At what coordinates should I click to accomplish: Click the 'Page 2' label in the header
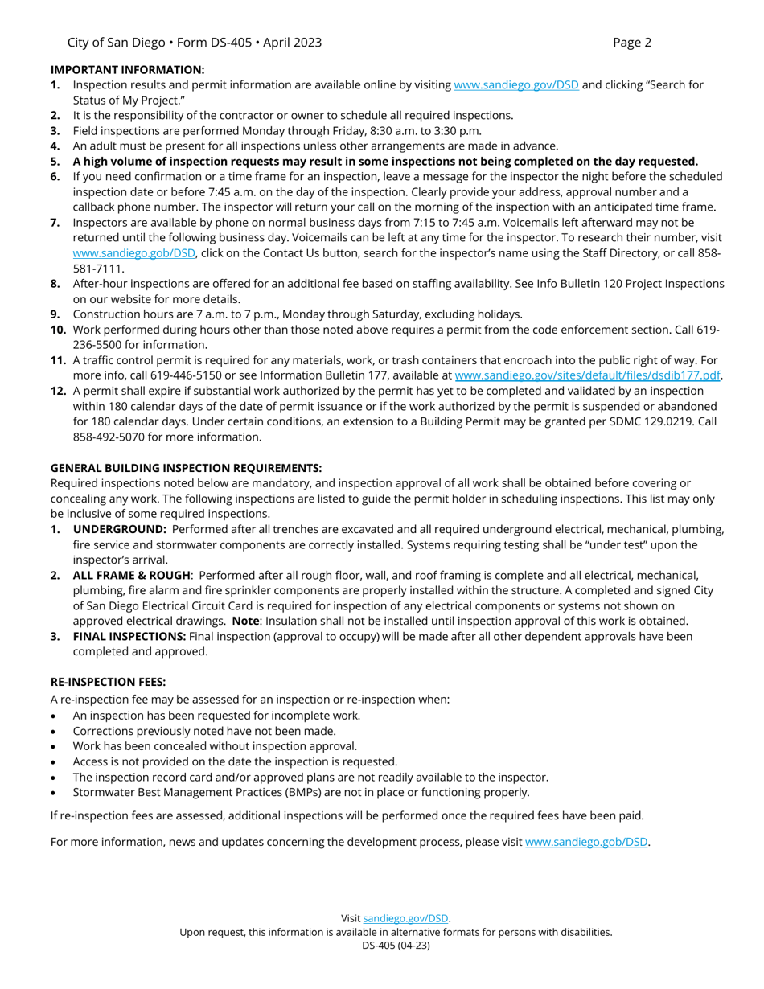click(x=631, y=43)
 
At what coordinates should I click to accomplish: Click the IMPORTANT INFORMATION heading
click(x=128, y=71)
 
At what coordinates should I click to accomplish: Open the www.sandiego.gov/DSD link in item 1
click(x=516, y=85)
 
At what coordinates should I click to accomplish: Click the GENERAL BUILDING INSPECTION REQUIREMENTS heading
click(x=186, y=468)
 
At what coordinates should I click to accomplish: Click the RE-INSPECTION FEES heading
click(x=108, y=682)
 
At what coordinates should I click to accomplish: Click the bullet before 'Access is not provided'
click(x=54, y=761)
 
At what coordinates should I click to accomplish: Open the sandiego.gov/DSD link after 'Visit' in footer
click(x=406, y=918)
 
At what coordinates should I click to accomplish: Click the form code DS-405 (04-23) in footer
click(x=396, y=946)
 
